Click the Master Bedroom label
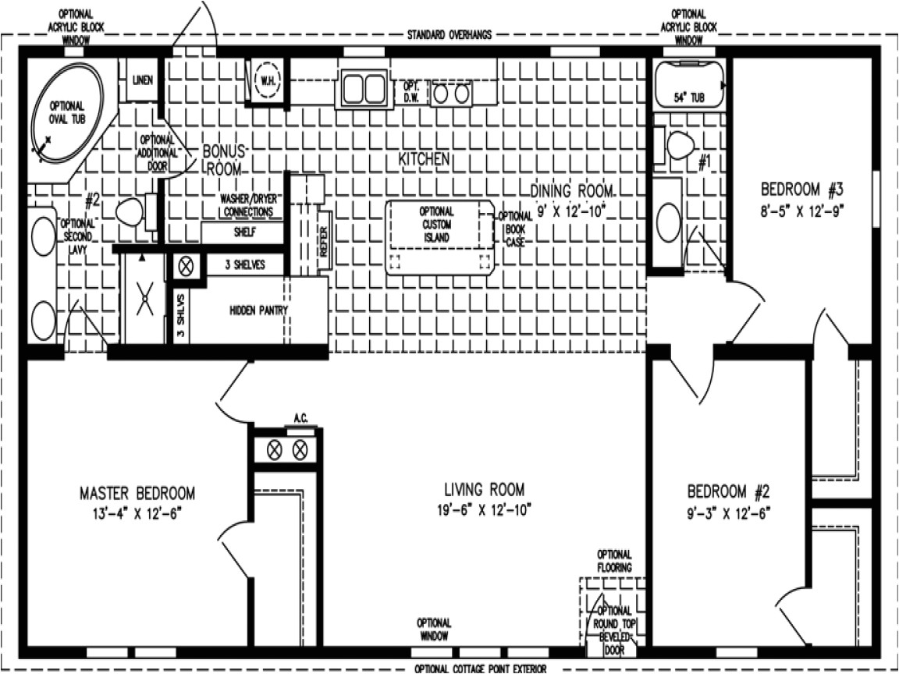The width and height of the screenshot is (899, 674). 137,493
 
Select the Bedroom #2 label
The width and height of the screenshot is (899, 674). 728,492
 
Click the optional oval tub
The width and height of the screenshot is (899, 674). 67,112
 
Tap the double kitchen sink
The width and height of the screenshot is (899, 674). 364,87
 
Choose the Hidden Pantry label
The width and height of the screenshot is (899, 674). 258,310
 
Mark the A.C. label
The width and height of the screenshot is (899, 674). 300,419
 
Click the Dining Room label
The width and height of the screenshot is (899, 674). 571,191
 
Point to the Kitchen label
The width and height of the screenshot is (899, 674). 424,159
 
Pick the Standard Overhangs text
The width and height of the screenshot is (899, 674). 449,36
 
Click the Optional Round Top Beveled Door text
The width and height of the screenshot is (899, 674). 614,624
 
